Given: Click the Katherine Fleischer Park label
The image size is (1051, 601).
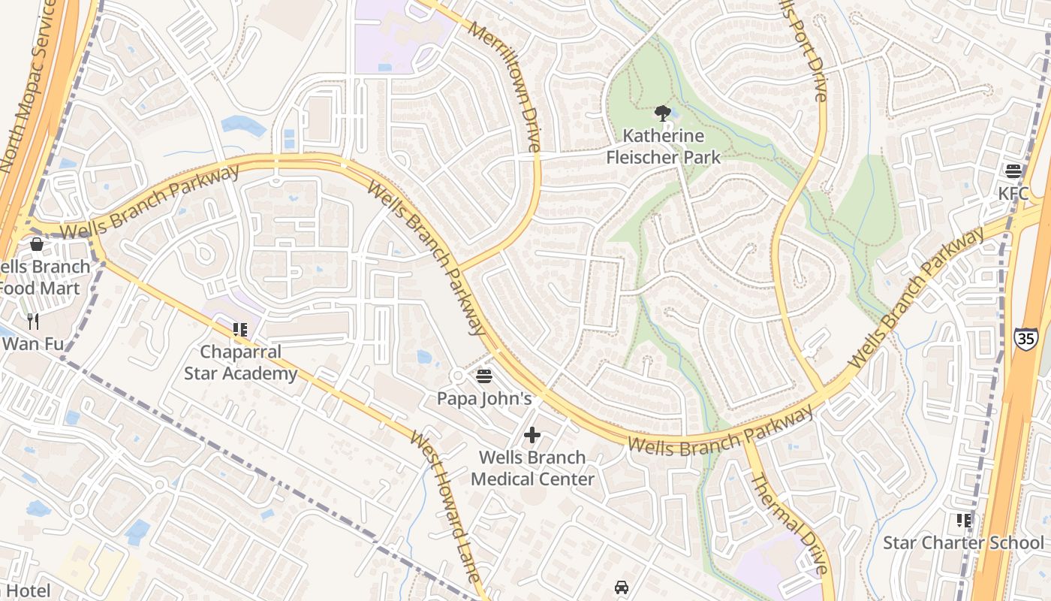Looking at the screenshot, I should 663,146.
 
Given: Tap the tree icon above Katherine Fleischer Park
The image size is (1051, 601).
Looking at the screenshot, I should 662,113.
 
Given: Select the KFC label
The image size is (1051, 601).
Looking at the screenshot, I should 1013,193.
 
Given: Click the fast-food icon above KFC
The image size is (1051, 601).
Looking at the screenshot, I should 1013,171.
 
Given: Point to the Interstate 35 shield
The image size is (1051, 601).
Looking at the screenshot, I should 1025,338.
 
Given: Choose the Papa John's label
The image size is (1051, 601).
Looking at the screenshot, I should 484,398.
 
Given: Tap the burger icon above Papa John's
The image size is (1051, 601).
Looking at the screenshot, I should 484,375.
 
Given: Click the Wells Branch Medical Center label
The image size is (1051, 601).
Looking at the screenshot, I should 532,468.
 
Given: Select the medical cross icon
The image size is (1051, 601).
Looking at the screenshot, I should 532,434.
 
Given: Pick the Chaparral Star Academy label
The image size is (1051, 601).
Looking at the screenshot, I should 241,362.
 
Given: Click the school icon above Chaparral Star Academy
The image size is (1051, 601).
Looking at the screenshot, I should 240,329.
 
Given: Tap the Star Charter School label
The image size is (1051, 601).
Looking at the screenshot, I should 963,542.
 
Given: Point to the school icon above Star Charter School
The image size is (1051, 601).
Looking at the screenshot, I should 963,520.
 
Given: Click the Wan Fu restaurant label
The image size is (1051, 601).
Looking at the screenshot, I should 32,344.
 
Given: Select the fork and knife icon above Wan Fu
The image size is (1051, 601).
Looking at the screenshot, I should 32,322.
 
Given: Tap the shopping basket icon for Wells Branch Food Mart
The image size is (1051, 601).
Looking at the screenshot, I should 36,244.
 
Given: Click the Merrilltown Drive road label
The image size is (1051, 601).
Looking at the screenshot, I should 504,86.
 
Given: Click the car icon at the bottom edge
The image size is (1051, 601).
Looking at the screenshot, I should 622,587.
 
